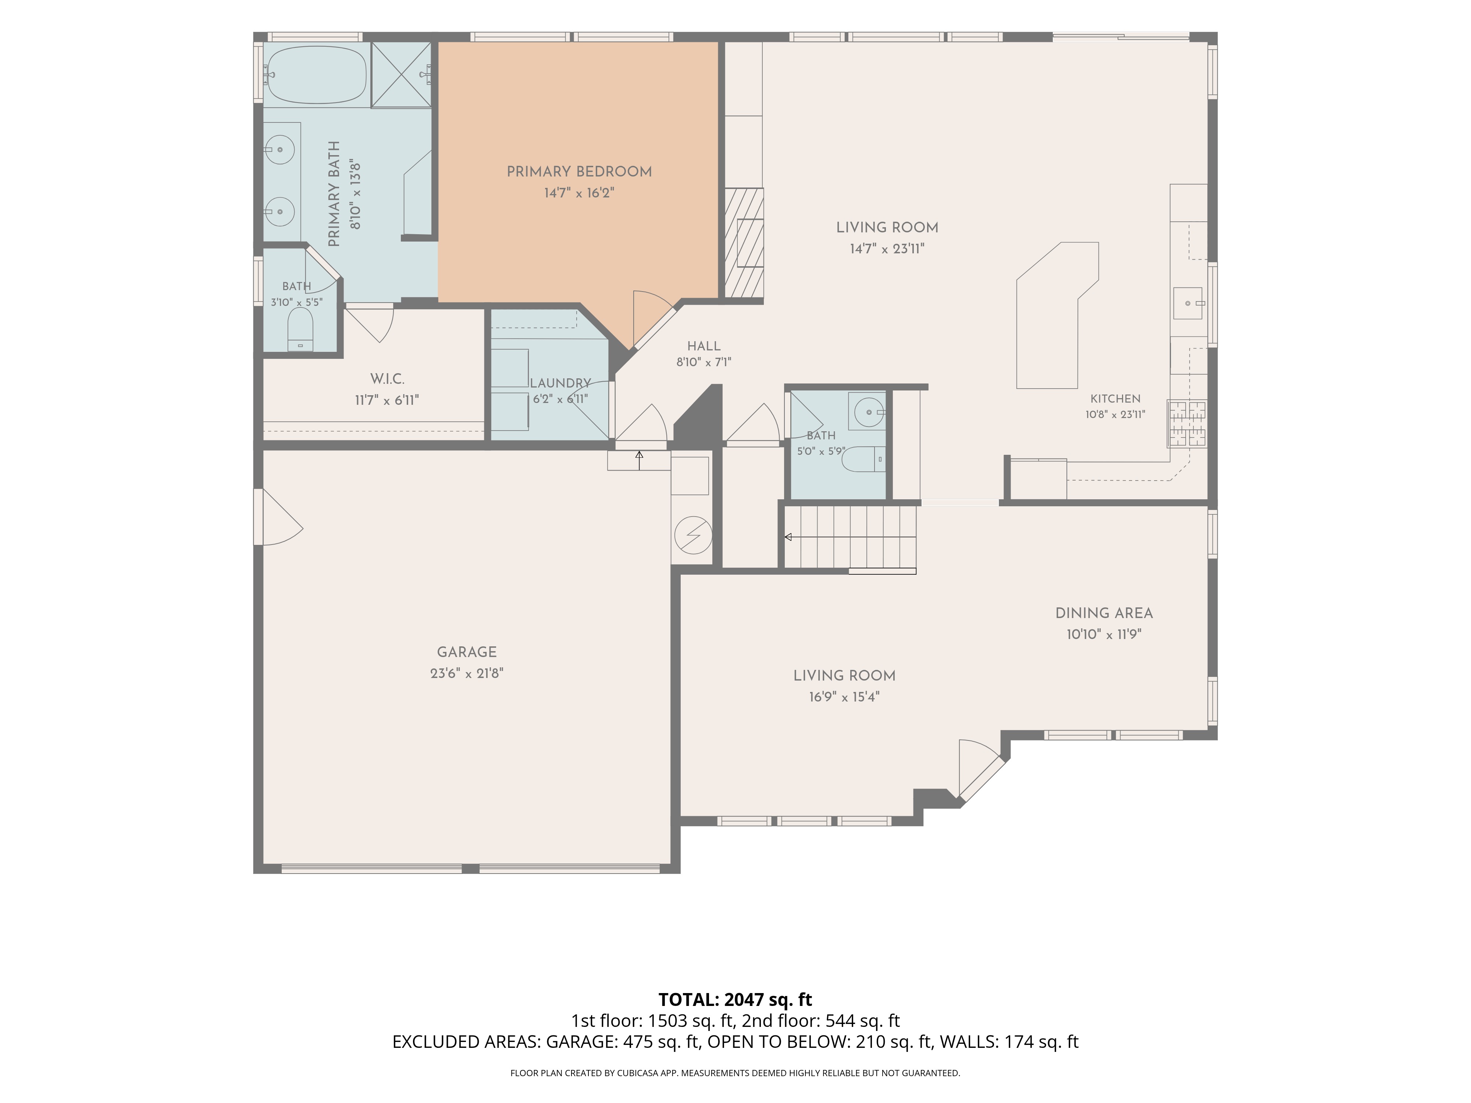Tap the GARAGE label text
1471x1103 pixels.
(x=466, y=652)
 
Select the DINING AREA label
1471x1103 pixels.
(x=1104, y=613)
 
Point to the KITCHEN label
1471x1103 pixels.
(x=1115, y=399)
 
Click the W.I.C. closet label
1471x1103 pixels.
(x=387, y=379)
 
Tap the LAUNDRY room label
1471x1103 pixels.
(x=560, y=383)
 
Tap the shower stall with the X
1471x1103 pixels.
(x=400, y=74)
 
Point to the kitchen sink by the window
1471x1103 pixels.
(x=1188, y=303)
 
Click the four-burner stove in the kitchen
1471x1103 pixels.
(x=1187, y=424)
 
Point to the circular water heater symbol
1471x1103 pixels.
(x=693, y=535)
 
